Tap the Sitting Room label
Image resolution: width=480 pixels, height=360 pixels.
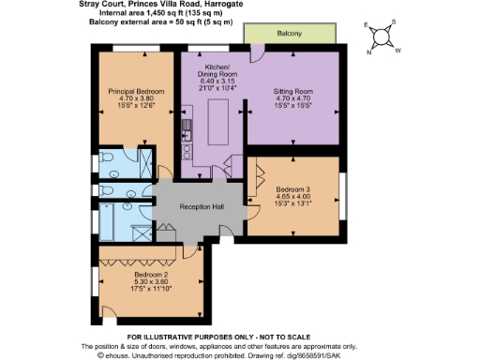pyautogui.click(x=292, y=90)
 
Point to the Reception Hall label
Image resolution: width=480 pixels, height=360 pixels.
pyautogui.click(x=201, y=206)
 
